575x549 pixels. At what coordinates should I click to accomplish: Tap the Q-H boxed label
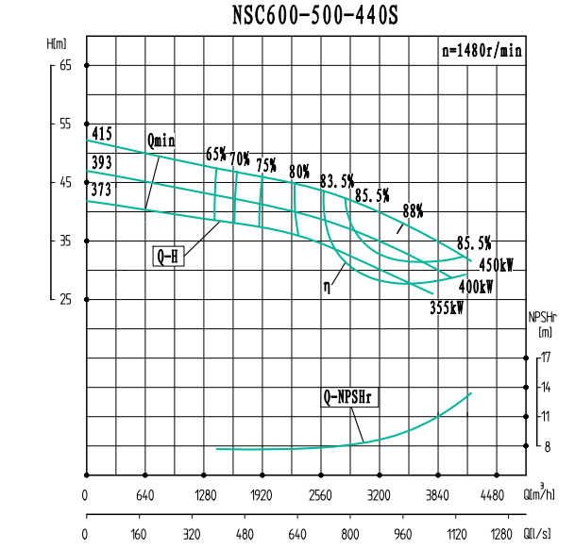[x=167, y=255]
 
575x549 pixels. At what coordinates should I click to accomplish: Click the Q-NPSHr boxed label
[x=348, y=399]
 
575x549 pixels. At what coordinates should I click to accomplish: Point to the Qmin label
[x=161, y=141]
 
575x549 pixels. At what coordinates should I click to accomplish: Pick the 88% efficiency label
[x=413, y=209]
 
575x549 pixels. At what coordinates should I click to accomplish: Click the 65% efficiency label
[x=216, y=155]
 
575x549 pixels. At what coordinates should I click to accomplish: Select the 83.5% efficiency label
[x=337, y=180]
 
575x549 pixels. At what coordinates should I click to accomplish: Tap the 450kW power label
[x=496, y=265]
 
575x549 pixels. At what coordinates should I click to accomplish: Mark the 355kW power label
[x=447, y=308]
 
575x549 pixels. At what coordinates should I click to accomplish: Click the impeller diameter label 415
[x=102, y=134]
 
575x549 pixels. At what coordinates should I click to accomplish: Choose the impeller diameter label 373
[x=102, y=190]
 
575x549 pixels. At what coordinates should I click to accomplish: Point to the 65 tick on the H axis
[x=65, y=65]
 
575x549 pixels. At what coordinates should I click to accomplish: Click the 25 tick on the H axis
[x=65, y=300]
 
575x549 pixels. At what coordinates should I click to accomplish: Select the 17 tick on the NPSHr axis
[x=546, y=358]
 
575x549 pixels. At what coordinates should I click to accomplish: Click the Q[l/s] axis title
[x=541, y=534]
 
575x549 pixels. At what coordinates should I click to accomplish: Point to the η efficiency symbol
[x=327, y=280]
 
